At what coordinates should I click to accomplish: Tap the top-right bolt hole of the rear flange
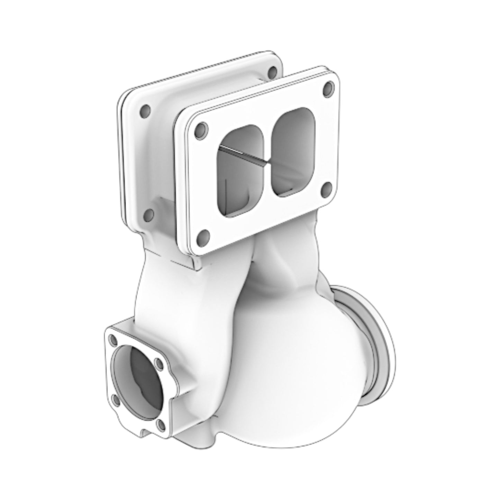pyautogui.click(x=272, y=72)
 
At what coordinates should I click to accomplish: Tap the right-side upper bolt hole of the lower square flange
pyautogui.click(x=158, y=363)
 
